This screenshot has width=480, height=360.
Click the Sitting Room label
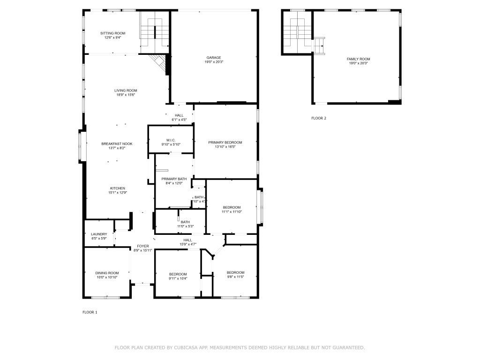(113, 33)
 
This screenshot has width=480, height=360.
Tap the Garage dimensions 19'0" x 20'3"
(214, 62)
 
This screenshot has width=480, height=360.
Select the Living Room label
(126, 90)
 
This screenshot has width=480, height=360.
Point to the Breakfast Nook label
(117, 143)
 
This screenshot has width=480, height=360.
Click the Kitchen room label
(118, 188)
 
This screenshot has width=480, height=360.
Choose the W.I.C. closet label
(171, 140)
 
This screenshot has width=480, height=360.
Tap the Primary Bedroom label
(225, 142)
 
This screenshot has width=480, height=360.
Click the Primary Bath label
(174, 179)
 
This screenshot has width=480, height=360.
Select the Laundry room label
(99, 234)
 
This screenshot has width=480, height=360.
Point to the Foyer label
(143, 246)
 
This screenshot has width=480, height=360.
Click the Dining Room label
(107, 273)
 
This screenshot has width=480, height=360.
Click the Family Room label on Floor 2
(358, 59)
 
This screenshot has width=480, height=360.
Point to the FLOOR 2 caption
(318, 118)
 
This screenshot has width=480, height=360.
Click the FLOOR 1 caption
(90, 312)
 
